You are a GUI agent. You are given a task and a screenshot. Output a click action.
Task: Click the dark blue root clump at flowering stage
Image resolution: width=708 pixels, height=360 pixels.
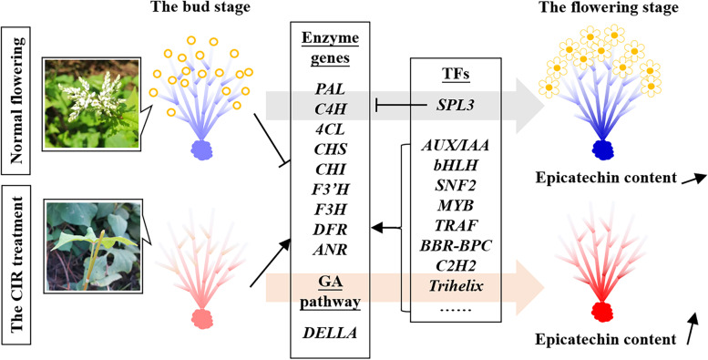(x=601, y=149)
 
